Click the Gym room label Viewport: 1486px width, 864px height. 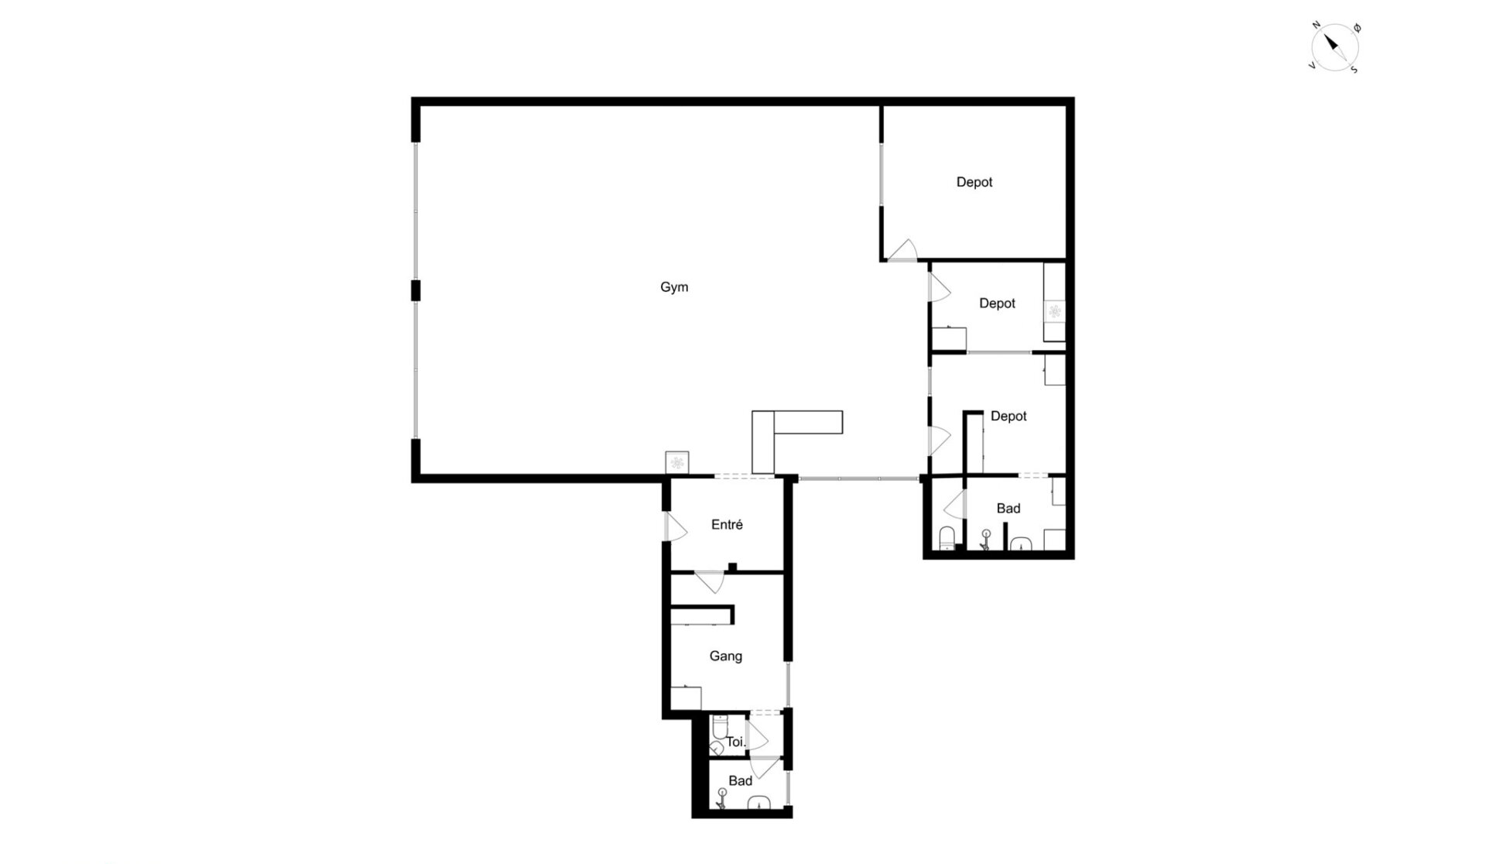pyautogui.click(x=674, y=287)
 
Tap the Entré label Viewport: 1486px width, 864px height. pyautogui.click(x=727, y=525)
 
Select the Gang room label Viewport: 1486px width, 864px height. pyautogui.click(x=726, y=657)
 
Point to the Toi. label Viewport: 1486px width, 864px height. pyautogui.click(x=735, y=742)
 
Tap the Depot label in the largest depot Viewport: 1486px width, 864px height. pyautogui.click(x=974, y=183)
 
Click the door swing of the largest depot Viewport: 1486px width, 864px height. pyautogui.click(x=902, y=249)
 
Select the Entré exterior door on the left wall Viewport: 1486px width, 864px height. pyautogui.click(x=675, y=526)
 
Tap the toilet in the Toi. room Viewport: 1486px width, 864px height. pyautogui.click(x=718, y=728)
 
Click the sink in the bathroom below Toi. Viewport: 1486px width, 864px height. pyautogui.click(x=760, y=802)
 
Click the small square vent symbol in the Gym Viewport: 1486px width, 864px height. pyautogui.click(x=677, y=462)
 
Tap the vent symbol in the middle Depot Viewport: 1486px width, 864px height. pyautogui.click(x=1054, y=311)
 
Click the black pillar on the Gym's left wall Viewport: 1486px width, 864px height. pyautogui.click(x=416, y=290)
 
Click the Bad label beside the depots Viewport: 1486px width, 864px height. pyautogui.click(x=1008, y=509)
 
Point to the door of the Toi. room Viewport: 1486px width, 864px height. pyautogui.click(x=756, y=735)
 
